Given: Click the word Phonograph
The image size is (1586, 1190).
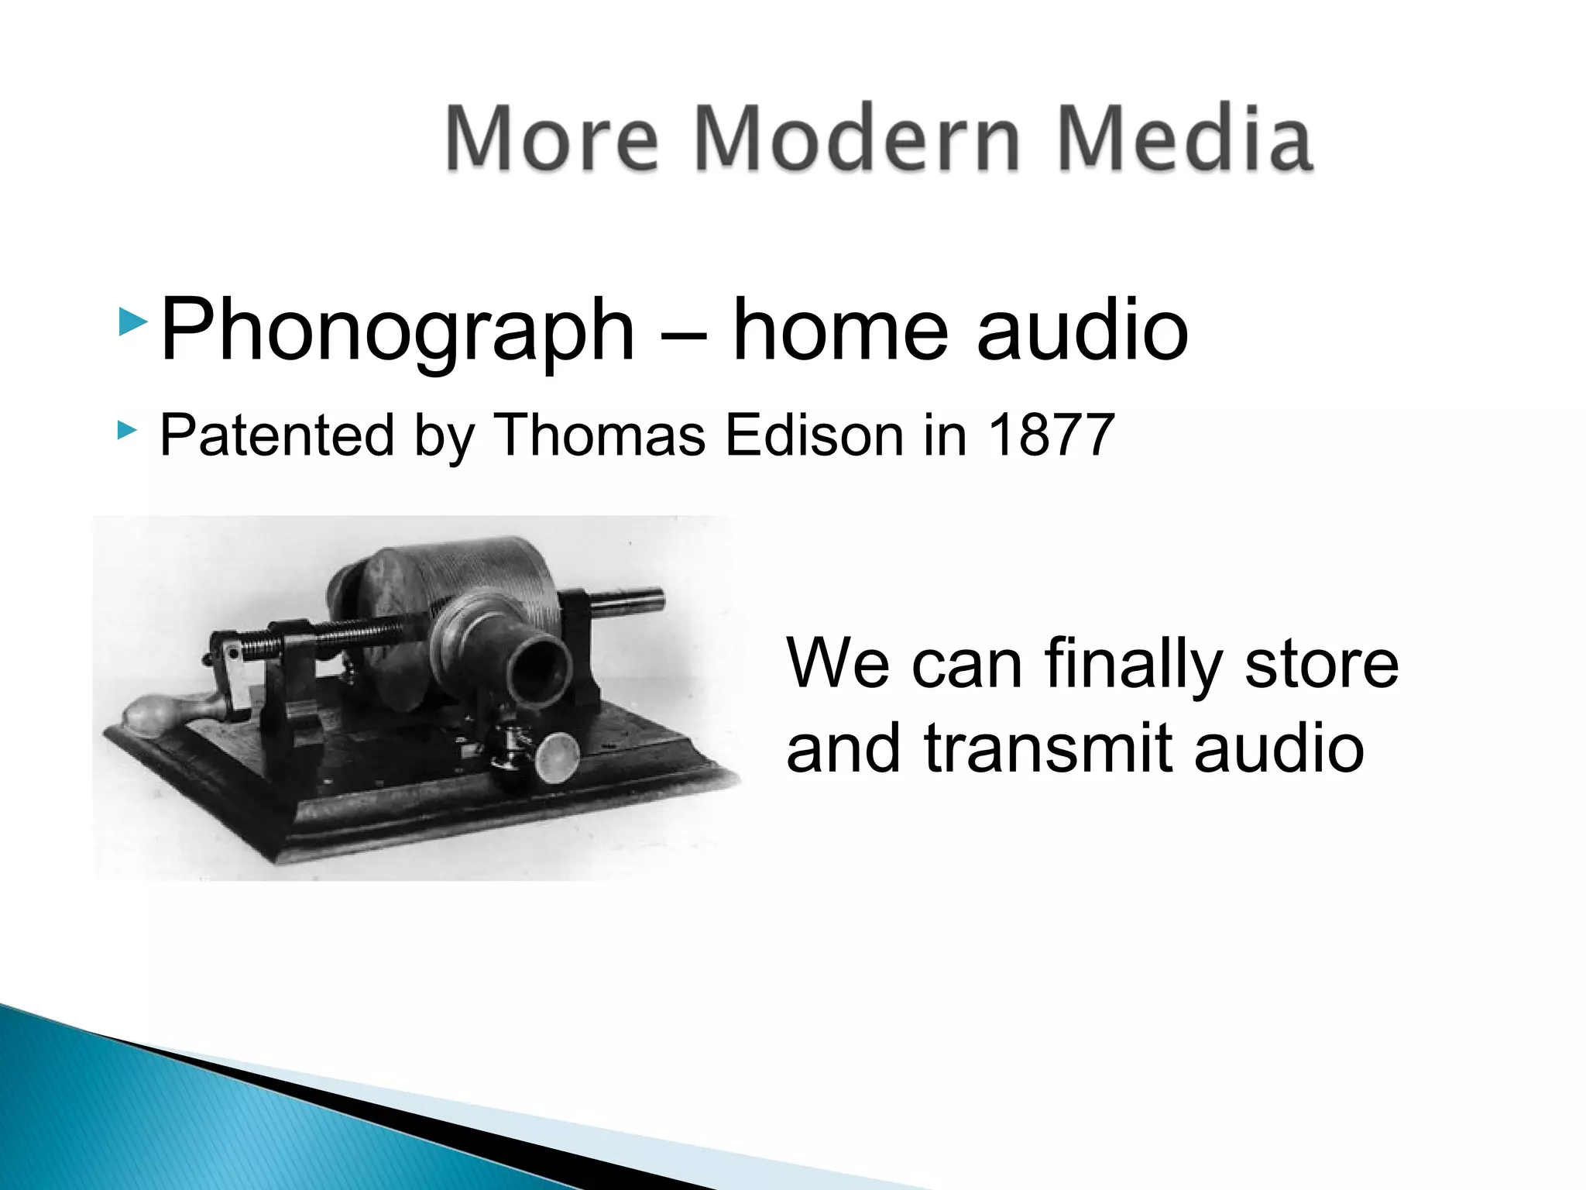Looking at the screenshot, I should click(397, 332).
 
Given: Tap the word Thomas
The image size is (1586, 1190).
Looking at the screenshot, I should click(599, 435).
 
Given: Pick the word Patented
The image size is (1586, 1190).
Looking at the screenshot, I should click(276, 435).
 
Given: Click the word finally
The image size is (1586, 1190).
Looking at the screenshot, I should click(1132, 665).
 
